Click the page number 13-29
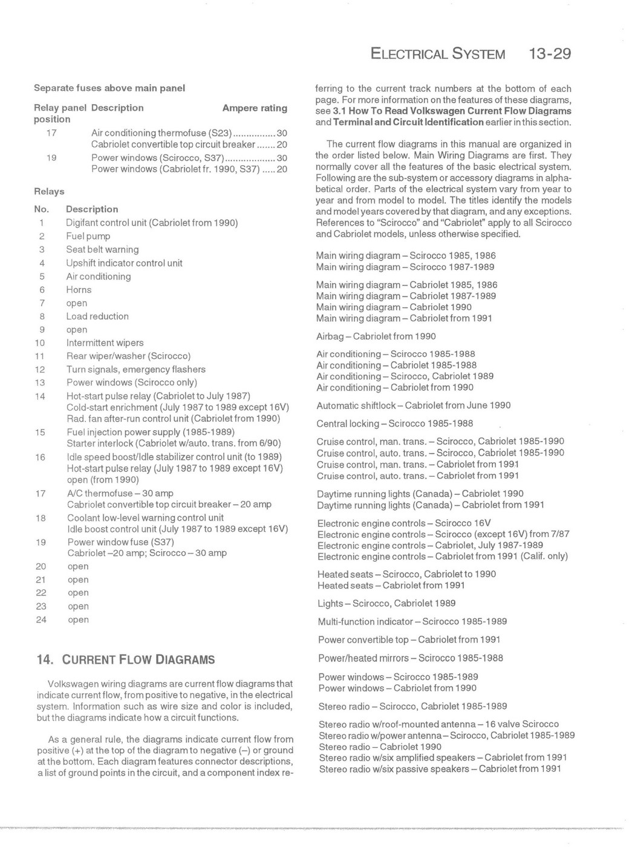click(x=549, y=54)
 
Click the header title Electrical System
click(x=438, y=54)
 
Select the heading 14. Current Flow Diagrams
click(x=126, y=659)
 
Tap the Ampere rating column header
click(x=255, y=108)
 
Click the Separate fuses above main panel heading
click(x=109, y=88)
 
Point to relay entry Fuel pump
click(x=88, y=236)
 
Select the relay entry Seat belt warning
click(x=102, y=249)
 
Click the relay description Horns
click(x=79, y=289)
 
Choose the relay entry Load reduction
click(x=97, y=316)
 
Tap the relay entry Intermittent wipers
click(x=105, y=342)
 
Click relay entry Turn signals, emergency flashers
click(x=136, y=369)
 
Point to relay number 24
click(x=41, y=620)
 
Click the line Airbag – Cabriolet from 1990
click(x=376, y=336)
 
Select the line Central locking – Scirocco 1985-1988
click(x=394, y=423)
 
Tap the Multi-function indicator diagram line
click(x=412, y=621)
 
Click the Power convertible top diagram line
click(x=409, y=639)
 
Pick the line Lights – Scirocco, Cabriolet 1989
click(x=386, y=603)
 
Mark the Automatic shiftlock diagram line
click(x=413, y=405)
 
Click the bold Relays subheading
click(x=49, y=191)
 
